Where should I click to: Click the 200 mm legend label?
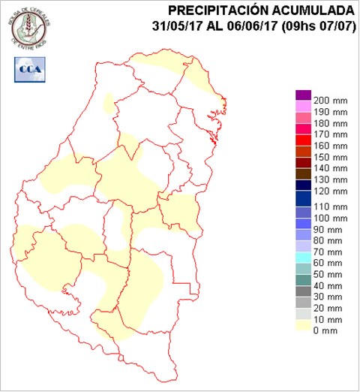click(330, 100)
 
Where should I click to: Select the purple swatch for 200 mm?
click(303, 95)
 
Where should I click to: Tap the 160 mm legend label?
click(330, 146)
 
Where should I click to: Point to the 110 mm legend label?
click(330, 207)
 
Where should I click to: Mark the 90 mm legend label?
click(327, 229)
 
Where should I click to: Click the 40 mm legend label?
click(327, 285)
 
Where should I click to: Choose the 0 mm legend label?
click(325, 331)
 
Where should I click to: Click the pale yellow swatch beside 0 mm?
click(303, 325)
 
